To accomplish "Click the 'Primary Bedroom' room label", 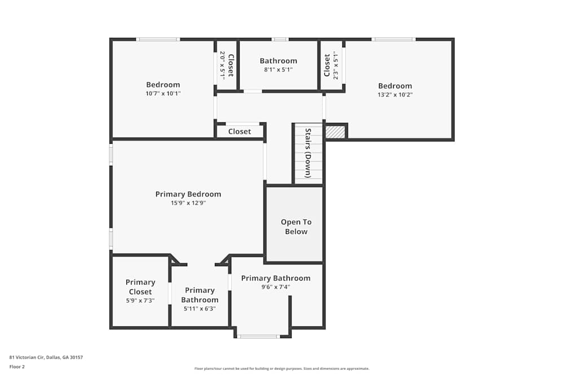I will click(188, 194).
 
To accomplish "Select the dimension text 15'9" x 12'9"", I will click(188, 203).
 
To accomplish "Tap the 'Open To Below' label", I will click(296, 227).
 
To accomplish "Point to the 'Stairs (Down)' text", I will click(308, 153).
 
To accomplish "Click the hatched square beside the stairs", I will click(335, 131).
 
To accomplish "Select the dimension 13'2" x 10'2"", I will click(395, 95).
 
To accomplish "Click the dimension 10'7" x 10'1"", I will click(163, 94).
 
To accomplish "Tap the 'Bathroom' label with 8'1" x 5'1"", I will click(278, 61).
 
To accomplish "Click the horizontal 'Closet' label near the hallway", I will click(239, 131).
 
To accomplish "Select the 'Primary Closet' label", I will click(140, 287).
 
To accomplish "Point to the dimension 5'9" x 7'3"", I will click(140, 300).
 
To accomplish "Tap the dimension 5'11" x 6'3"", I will click(199, 308).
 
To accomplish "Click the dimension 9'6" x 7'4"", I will click(275, 287).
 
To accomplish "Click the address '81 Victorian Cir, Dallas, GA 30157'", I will click(46, 357).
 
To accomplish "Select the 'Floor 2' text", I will click(17, 366).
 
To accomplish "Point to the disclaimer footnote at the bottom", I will click(282, 369).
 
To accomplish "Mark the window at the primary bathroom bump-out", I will click(258, 337).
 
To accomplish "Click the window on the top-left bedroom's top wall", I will click(158, 39).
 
